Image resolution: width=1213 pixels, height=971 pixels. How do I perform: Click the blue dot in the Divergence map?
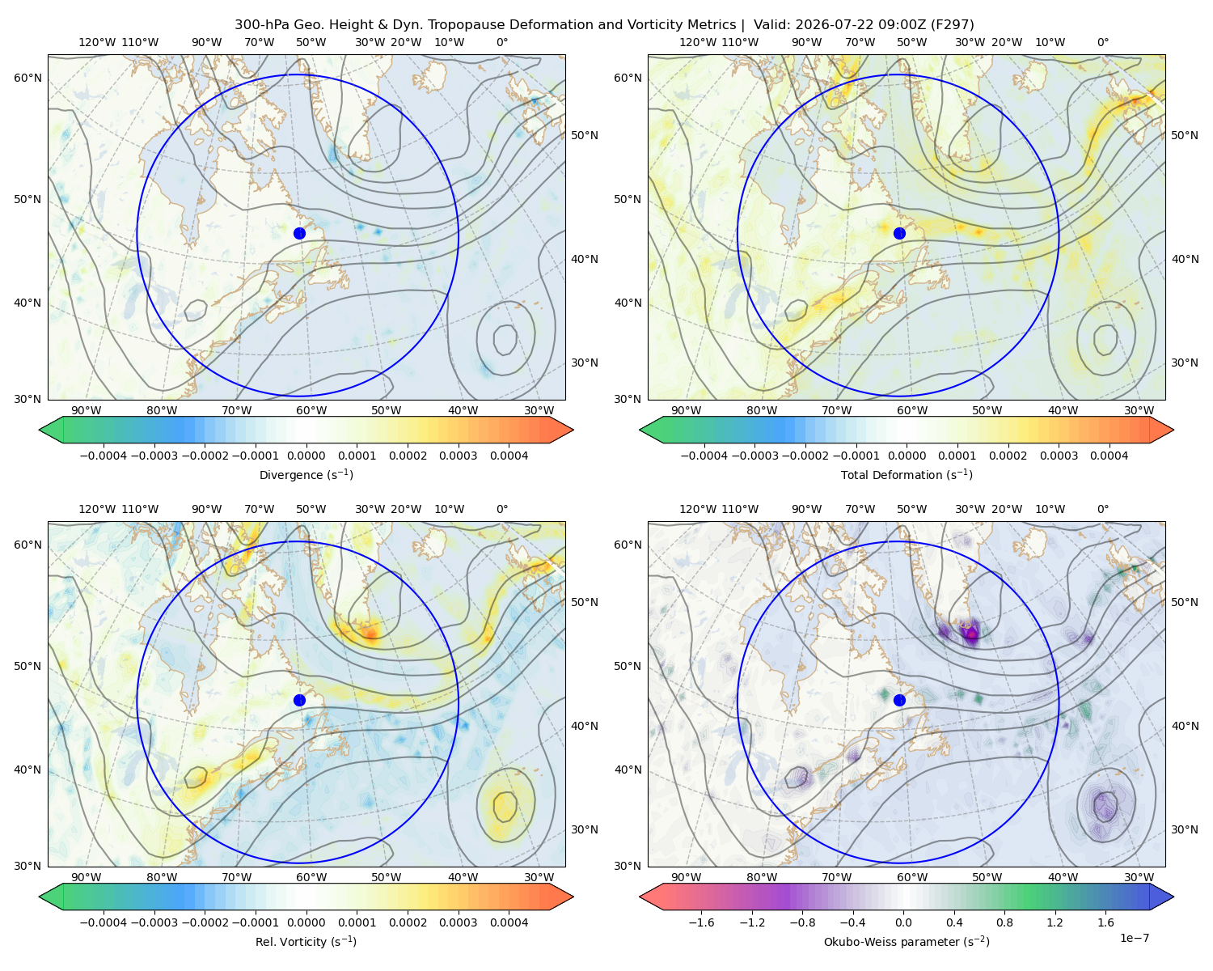299,234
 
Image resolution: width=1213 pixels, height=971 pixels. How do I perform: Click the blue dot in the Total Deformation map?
899,234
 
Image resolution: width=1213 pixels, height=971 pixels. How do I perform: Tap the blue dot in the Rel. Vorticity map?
299,700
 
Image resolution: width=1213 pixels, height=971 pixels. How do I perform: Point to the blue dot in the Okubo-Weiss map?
899,700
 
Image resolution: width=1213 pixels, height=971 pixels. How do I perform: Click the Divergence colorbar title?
306,475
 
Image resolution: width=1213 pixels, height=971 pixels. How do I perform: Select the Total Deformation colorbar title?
907,475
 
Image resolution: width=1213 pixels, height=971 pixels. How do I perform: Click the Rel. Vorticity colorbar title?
306,942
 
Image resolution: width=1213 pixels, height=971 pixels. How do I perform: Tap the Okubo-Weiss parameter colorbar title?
907,942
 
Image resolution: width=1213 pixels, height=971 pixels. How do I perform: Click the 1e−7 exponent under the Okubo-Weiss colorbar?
1134,938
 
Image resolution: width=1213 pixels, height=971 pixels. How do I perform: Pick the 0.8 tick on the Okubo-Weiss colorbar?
1004,922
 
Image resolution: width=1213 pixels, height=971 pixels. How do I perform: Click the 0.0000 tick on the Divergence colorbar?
306,456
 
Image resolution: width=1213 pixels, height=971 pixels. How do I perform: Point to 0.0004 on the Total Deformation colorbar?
1109,456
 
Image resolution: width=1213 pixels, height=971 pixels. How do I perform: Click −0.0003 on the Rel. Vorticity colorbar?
154,922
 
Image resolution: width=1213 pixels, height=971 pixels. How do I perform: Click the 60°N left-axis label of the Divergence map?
27,78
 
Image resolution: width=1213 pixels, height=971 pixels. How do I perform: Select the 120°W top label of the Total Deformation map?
697,42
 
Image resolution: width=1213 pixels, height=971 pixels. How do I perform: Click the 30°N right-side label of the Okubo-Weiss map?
1185,829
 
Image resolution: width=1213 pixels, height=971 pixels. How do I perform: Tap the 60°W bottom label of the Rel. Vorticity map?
311,877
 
